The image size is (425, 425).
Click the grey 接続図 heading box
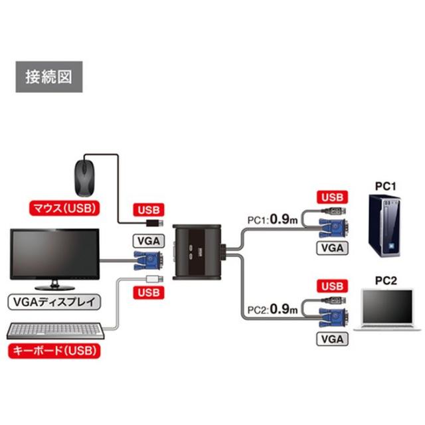coord(49,77)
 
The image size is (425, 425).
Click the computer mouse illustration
coord(85,177)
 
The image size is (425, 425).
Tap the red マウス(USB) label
coord(64,208)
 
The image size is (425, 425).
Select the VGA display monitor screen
coord(54,254)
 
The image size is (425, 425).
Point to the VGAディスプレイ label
coord(54,302)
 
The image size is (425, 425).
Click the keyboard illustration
coord(55,331)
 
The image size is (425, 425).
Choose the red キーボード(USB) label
coord(54,351)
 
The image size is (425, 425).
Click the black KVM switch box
coord(197,252)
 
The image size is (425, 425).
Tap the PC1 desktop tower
coord(384,226)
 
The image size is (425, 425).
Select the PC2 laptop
coord(388,310)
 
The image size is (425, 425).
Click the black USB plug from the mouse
coord(155,223)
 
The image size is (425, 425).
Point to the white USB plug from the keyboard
coord(155,279)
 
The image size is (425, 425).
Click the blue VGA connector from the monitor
coord(148,261)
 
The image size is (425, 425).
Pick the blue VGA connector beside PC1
coord(333,228)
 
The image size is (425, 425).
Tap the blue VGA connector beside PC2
coord(333,317)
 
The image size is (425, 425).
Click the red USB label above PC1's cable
coord(332,197)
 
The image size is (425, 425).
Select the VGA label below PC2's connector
coord(332,339)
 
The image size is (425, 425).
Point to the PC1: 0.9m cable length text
coord(272,219)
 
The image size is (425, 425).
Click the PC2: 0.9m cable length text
coord(272,309)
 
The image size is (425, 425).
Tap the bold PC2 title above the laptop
coord(386,281)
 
